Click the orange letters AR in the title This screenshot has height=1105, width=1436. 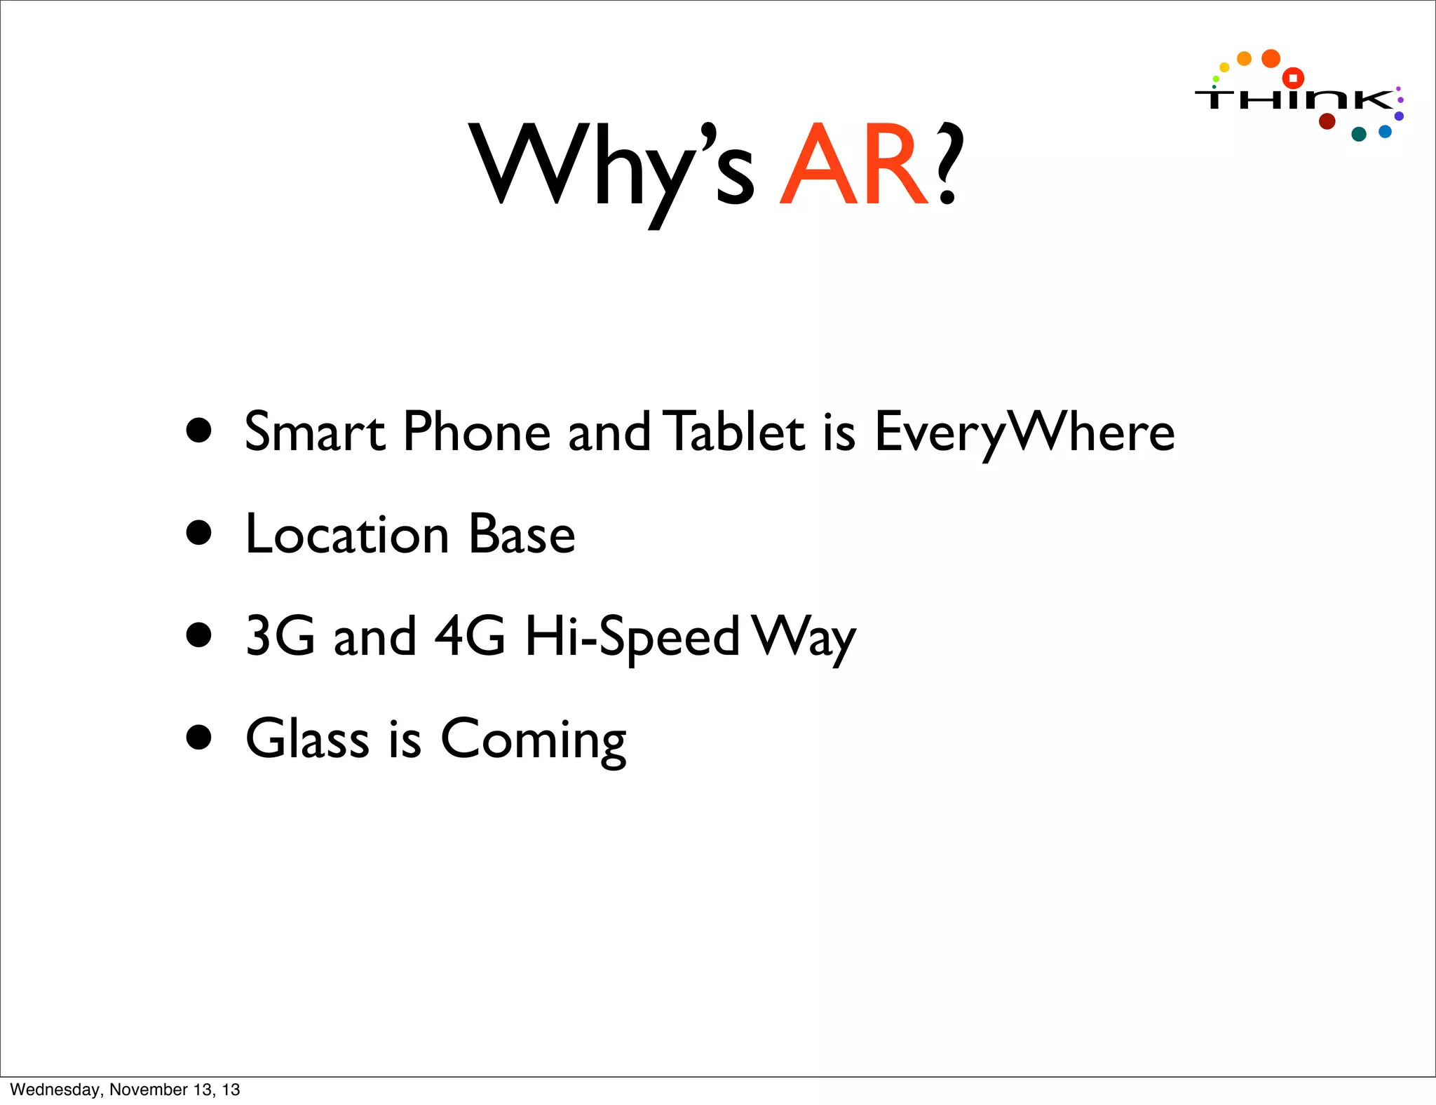[854, 165]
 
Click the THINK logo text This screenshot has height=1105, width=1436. [1294, 100]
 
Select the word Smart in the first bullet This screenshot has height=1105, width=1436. [315, 431]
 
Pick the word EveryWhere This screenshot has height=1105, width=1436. [1024, 433]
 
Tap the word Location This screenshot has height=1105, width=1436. [347, 534]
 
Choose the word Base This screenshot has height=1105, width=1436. [522, 534]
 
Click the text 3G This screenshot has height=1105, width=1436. [280, 637]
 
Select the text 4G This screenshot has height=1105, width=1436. [470, 637]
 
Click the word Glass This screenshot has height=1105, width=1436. [307, 738]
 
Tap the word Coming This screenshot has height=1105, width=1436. [533, 740]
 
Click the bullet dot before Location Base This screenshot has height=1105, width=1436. [199, 533]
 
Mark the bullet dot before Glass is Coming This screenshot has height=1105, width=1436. [199, 738]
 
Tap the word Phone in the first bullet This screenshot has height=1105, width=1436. [477, 431]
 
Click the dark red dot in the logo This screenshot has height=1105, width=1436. [1327, 121]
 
